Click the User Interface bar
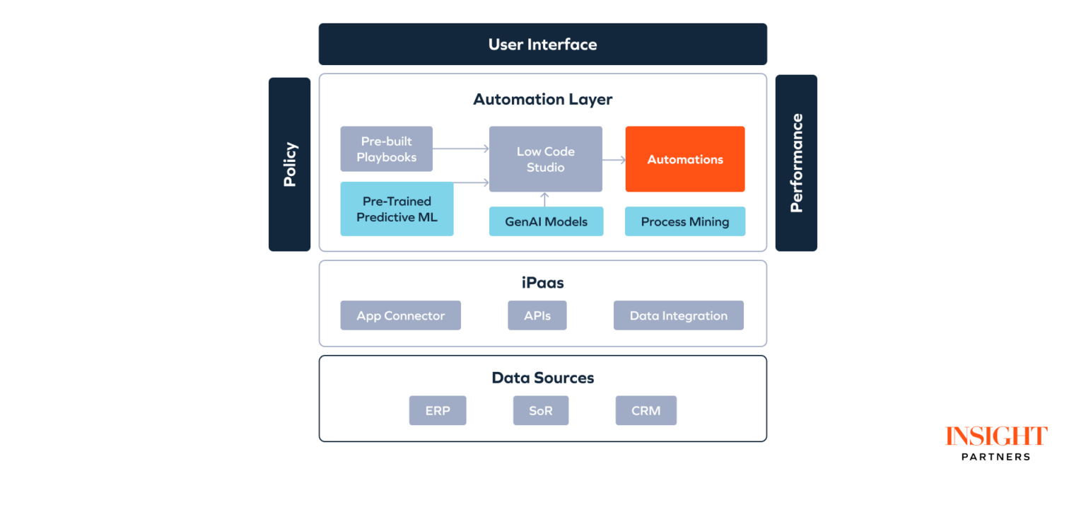click(x=542, y=44)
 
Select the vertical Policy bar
click(x=289, y=164)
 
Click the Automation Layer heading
click(x=542, y=99)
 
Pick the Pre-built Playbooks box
click(x=386, y=149)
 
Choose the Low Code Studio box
click(x=545, y=159)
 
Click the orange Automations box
click(x=684, y=159)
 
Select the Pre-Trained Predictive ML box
click(x=397, y=209)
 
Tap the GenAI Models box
click(x=546, y=221)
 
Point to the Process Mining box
click(x=684, y=221)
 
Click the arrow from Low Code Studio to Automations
click(x=614, y=160)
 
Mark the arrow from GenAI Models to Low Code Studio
click(x=545, y=199)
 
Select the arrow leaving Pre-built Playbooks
click(x=460, y=149)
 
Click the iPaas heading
click(x=542, y=283)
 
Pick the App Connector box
click(x=400, y=315)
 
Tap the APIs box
click(x=537, y=315)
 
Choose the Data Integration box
click(x=678, y=315)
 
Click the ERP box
click(x=437, y=410)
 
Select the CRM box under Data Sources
click(x=646, y=410)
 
